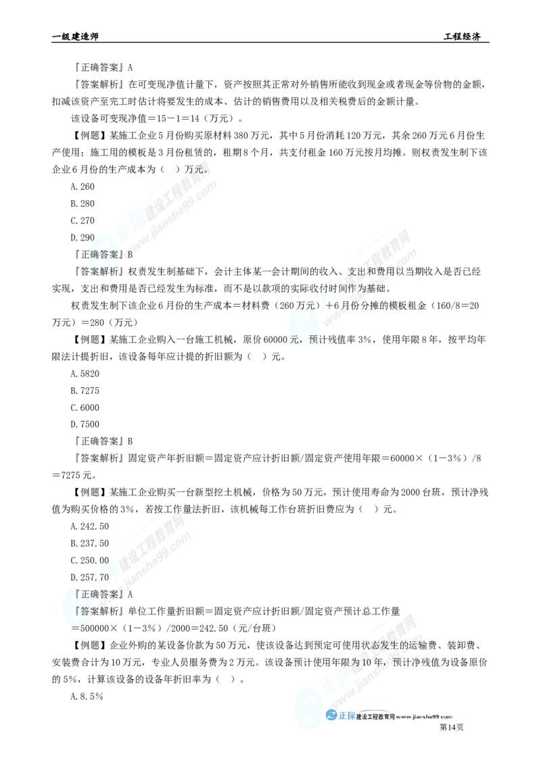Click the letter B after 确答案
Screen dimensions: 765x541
tap(131, 255)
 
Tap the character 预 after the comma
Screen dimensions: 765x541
tap(311, 339)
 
